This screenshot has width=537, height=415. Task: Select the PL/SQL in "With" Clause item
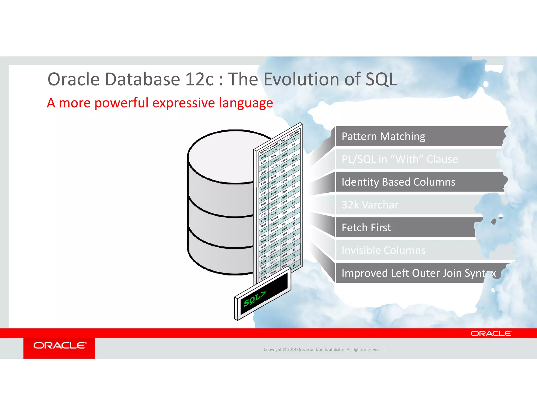pyautogui.click(x=400, y=159)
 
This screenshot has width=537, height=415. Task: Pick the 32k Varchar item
pyautogui.click(x=370, y=205)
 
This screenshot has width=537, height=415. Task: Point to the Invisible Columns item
pyautogui.click(x=383, y=250)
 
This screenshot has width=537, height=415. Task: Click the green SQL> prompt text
pyautogui.click(x=254, y=299)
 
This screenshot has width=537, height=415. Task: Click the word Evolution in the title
pyautogui.click(x=302, y=79)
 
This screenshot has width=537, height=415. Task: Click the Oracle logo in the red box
pyautogui.click(x=60, y=346)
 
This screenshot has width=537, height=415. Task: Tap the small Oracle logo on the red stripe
pyautogui.click(x=491, y=333)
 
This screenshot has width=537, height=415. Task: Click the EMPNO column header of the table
pyautogui.click(x=264, y=151)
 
